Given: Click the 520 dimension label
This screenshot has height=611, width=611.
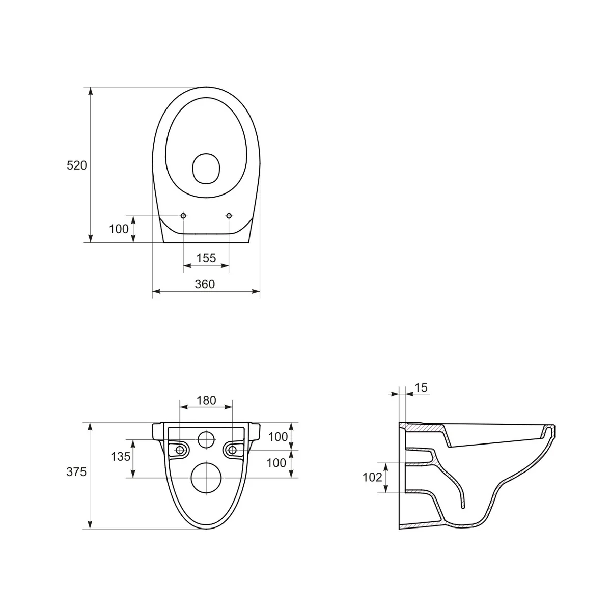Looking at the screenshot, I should pos(77,165).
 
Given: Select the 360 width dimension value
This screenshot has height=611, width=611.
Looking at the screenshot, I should pos(205,284).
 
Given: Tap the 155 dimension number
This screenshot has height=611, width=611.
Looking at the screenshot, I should pos(206,258).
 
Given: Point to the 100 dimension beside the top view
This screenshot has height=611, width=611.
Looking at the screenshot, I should pos(119,229).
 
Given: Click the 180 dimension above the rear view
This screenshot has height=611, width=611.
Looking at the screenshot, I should pos(206,400).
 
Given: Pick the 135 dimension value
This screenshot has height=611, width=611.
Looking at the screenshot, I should pos(121,457).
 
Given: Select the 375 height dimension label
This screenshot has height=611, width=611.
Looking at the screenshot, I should pos(76,472).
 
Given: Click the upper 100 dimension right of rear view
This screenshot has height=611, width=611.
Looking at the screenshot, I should pos(277,437).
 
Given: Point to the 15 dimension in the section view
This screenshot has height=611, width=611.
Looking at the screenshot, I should pos(421,388).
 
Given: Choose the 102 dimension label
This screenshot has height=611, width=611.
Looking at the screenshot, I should pos(372,477).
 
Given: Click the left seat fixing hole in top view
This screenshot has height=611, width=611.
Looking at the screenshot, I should pos(183,216).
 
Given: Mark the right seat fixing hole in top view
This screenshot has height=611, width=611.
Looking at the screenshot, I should pos(229,216).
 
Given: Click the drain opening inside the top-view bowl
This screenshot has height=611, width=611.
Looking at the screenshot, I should pos(206,168).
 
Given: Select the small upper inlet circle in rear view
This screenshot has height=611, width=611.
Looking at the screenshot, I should pos(206,440).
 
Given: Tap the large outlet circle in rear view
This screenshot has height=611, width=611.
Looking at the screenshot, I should pos(206,478).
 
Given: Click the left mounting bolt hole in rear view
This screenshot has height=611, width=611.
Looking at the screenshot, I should pos(180,450).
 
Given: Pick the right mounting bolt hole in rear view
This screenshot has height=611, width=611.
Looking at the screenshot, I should pos(232,450).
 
